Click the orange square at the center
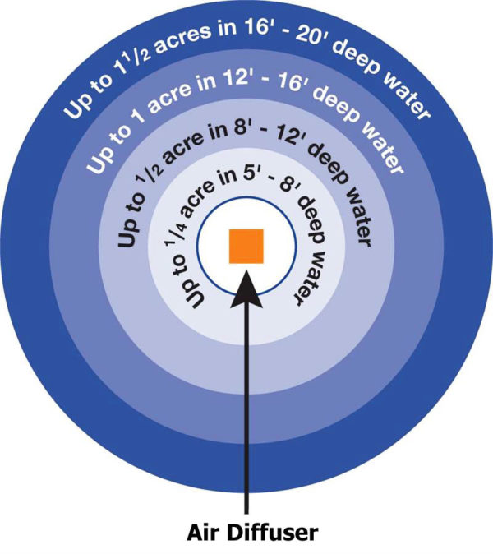(x=246, y=246)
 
